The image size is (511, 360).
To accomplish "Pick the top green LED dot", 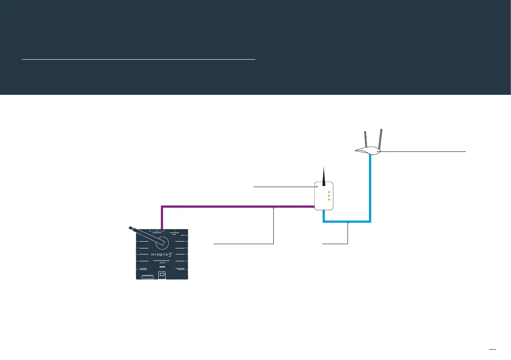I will tap(329, 192).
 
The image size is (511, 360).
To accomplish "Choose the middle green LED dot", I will tap(329, 196).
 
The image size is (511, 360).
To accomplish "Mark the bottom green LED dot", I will tap(329, 200).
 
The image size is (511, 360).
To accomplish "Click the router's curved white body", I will tap(369, 151).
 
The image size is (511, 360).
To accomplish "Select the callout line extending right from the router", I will tap(425, 151).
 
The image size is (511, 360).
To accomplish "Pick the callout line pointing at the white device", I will tap(283, 187).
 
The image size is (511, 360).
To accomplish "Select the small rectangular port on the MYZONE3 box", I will tap(162, 274).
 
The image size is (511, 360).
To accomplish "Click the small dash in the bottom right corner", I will tap(493, 348).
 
